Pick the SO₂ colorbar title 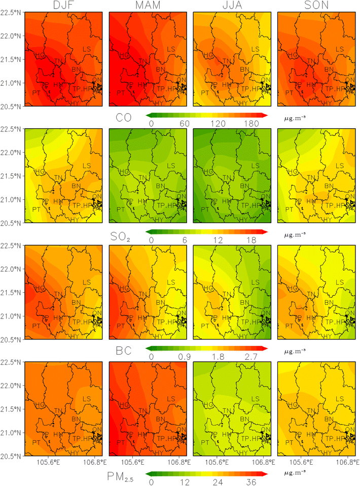tap(122, 236)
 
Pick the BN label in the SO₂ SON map tap(329, 186)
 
